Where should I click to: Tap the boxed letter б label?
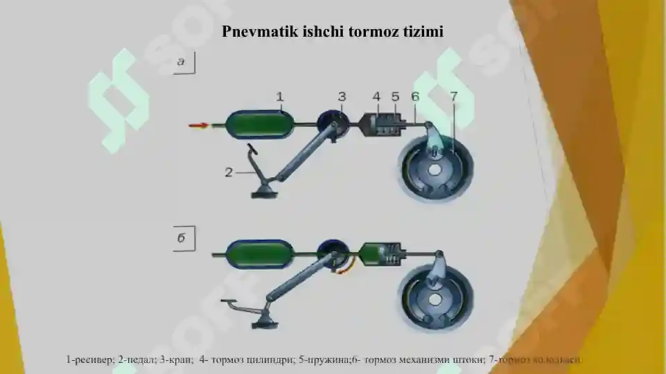click(x=184, y=239)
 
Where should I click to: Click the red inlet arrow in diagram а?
click(x=198, y=125)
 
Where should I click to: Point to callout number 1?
click(x=280, y=97)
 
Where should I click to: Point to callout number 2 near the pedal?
click(x=229, y=172)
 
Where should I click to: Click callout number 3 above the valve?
click(x=342, y=96)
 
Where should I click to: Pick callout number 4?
click(x=376, y=96)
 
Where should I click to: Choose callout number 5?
click(x=395, y=96)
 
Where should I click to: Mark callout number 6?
click(x=414, y=96)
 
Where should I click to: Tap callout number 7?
click(x=453, y=96)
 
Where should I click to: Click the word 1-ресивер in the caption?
click(x=89, y=360)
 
